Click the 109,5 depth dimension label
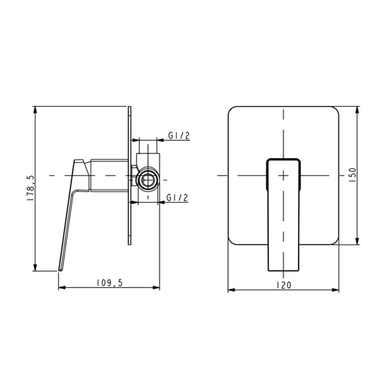pos(110,283)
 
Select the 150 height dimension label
pos(353,175)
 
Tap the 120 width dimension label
pos(284,285)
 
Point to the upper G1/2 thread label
pos(179,135)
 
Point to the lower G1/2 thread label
pos(177,197)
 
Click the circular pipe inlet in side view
pos(147,179)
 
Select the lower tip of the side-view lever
pos(61,270)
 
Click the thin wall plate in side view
pos(130,176)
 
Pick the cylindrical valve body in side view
pos(109,175)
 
